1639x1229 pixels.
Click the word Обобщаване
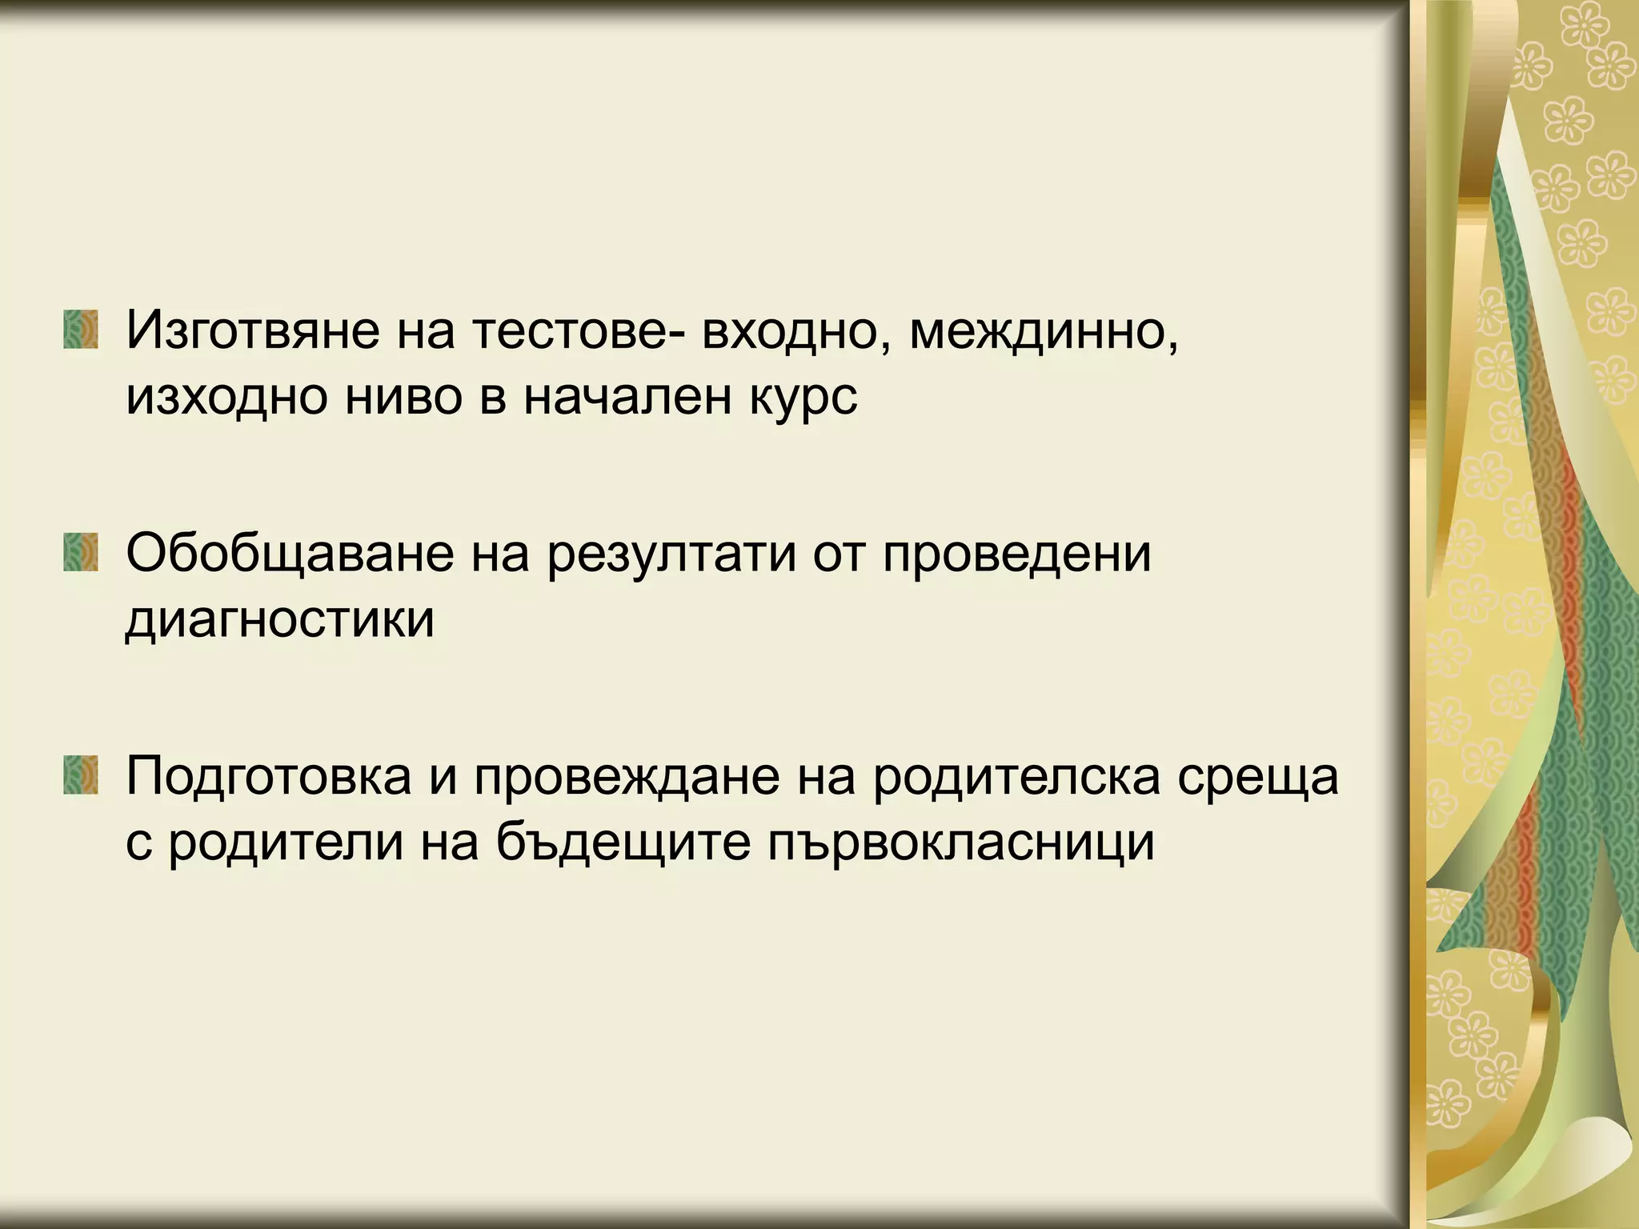[290, 553]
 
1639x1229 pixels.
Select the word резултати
[671, 553]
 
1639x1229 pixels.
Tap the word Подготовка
[268, 776]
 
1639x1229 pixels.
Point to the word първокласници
[960, 842]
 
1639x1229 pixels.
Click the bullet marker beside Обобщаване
[81, 553]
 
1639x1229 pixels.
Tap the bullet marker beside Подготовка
[81, 775]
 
